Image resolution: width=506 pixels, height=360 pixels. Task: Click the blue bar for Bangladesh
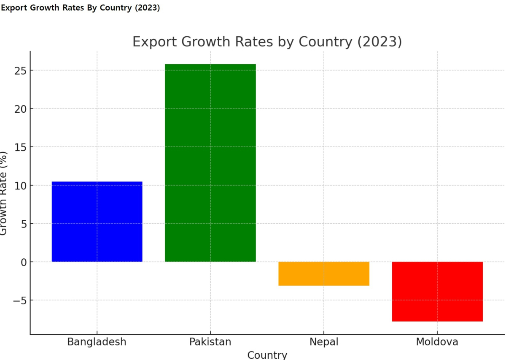tap(97, 222)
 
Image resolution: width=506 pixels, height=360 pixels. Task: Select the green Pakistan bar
tap(210, 163)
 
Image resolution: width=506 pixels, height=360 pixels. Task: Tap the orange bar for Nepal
tap(324, 273)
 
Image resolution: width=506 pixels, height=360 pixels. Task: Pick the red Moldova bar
tap(437, 291)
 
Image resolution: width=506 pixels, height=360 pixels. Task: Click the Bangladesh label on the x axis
tap(97, 341)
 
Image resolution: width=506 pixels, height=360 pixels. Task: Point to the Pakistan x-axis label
tap(210, 341)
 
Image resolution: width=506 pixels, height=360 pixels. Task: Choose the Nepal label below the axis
tap(324, 341)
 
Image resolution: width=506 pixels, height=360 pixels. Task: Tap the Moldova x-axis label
tap(437, 341)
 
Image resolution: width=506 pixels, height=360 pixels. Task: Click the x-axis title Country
tap(267, 355)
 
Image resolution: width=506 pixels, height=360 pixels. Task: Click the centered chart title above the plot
tap(267, 42)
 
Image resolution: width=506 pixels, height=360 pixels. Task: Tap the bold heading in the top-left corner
tap(80, 8)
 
